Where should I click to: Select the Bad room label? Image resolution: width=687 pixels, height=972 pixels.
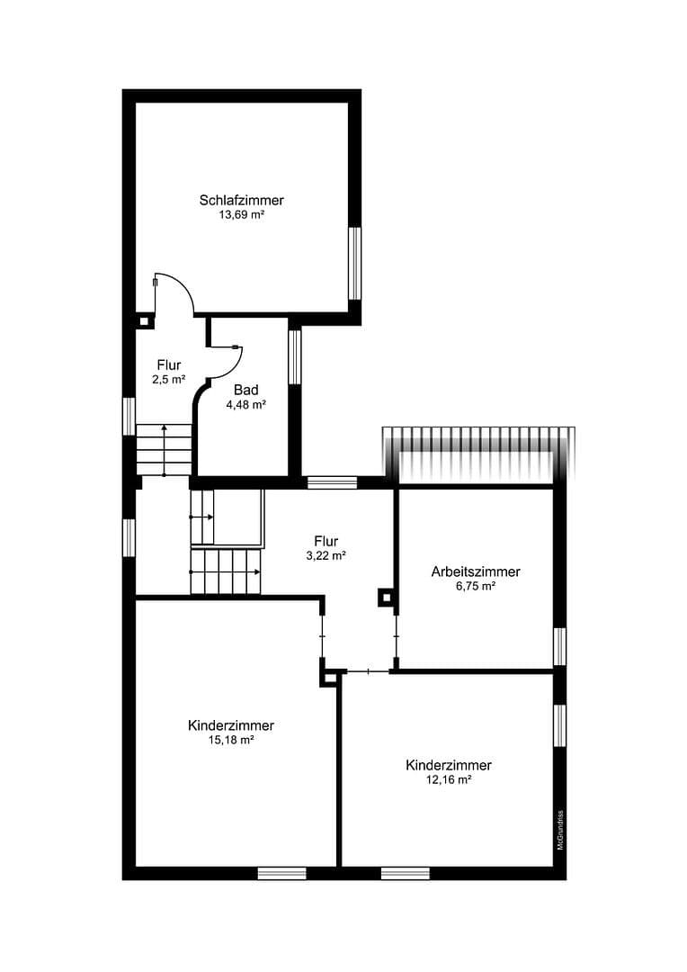pos(246,390)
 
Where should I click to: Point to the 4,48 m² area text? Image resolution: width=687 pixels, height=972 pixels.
pos(246,405)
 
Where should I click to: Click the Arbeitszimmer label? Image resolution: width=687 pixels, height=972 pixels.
pos(476,571)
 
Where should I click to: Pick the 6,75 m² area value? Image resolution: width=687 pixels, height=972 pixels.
pos(476,586)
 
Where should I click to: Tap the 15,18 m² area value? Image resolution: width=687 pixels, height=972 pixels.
pos(231,740)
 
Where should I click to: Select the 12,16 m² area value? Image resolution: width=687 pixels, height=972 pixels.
pos(449,780)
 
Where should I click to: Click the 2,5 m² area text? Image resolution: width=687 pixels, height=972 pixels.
pos(169,380)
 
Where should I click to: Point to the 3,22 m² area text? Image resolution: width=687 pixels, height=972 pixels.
pos(326,555)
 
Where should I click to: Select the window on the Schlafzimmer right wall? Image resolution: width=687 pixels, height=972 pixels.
pos(355,263)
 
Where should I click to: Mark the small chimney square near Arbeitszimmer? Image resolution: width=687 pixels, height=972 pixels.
pos(386,597)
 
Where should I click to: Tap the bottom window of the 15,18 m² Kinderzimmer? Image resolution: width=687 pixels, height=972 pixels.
pos(281,873)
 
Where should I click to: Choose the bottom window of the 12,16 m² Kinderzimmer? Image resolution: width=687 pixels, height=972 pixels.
pos(405,873)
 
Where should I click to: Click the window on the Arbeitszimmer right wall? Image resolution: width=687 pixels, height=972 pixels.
pos(559,646)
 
